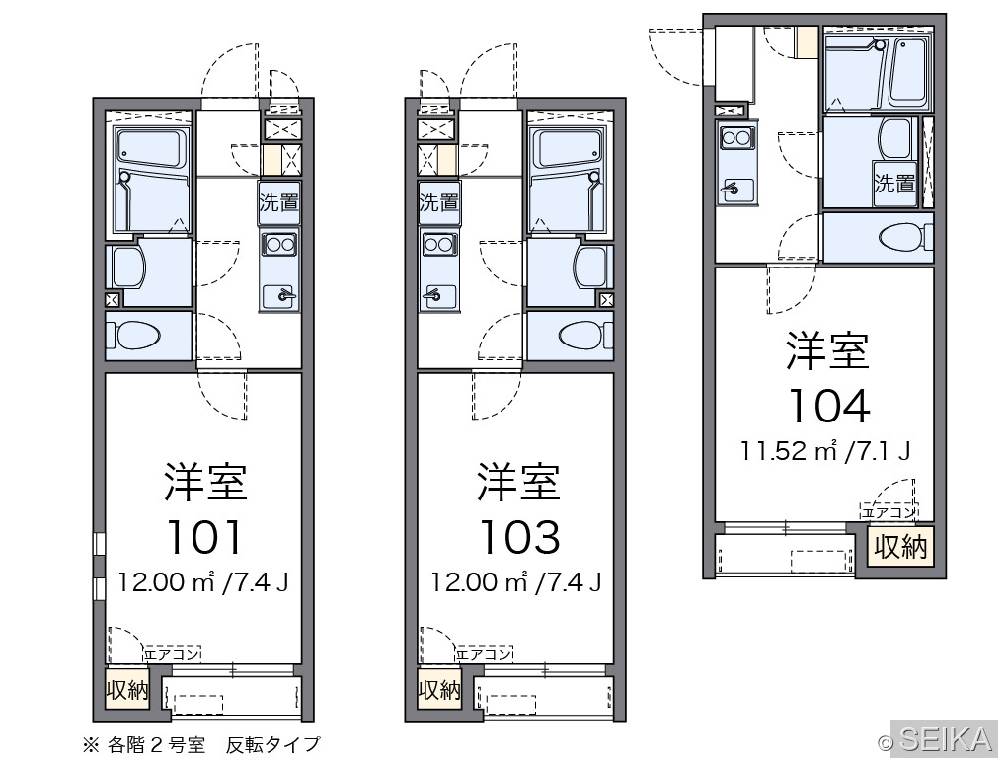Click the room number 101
[204, 537]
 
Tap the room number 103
[519, 537]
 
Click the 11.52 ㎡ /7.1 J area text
[825, 451]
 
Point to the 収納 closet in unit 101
[127, 690]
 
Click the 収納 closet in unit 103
[439, 690]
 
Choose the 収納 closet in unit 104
[900, 547]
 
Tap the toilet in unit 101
[134, 335]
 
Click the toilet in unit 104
[906, 238]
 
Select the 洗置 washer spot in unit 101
[278, 202]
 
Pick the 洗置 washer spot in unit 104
[894, 184]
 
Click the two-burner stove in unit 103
[439, 244]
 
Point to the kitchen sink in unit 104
[737, 189]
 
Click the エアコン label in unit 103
[485, 654]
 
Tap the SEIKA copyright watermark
[938, 740]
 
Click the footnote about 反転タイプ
[200, 744]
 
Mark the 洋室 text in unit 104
[827, 351]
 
